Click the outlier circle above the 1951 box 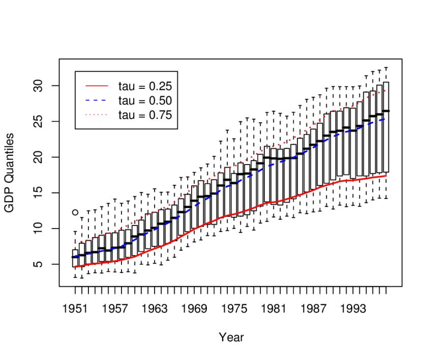[x=75, y=212]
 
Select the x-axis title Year [x=231, y=337]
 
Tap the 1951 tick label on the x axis [x=75, y=309]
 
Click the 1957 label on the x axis [x=115, y=309]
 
